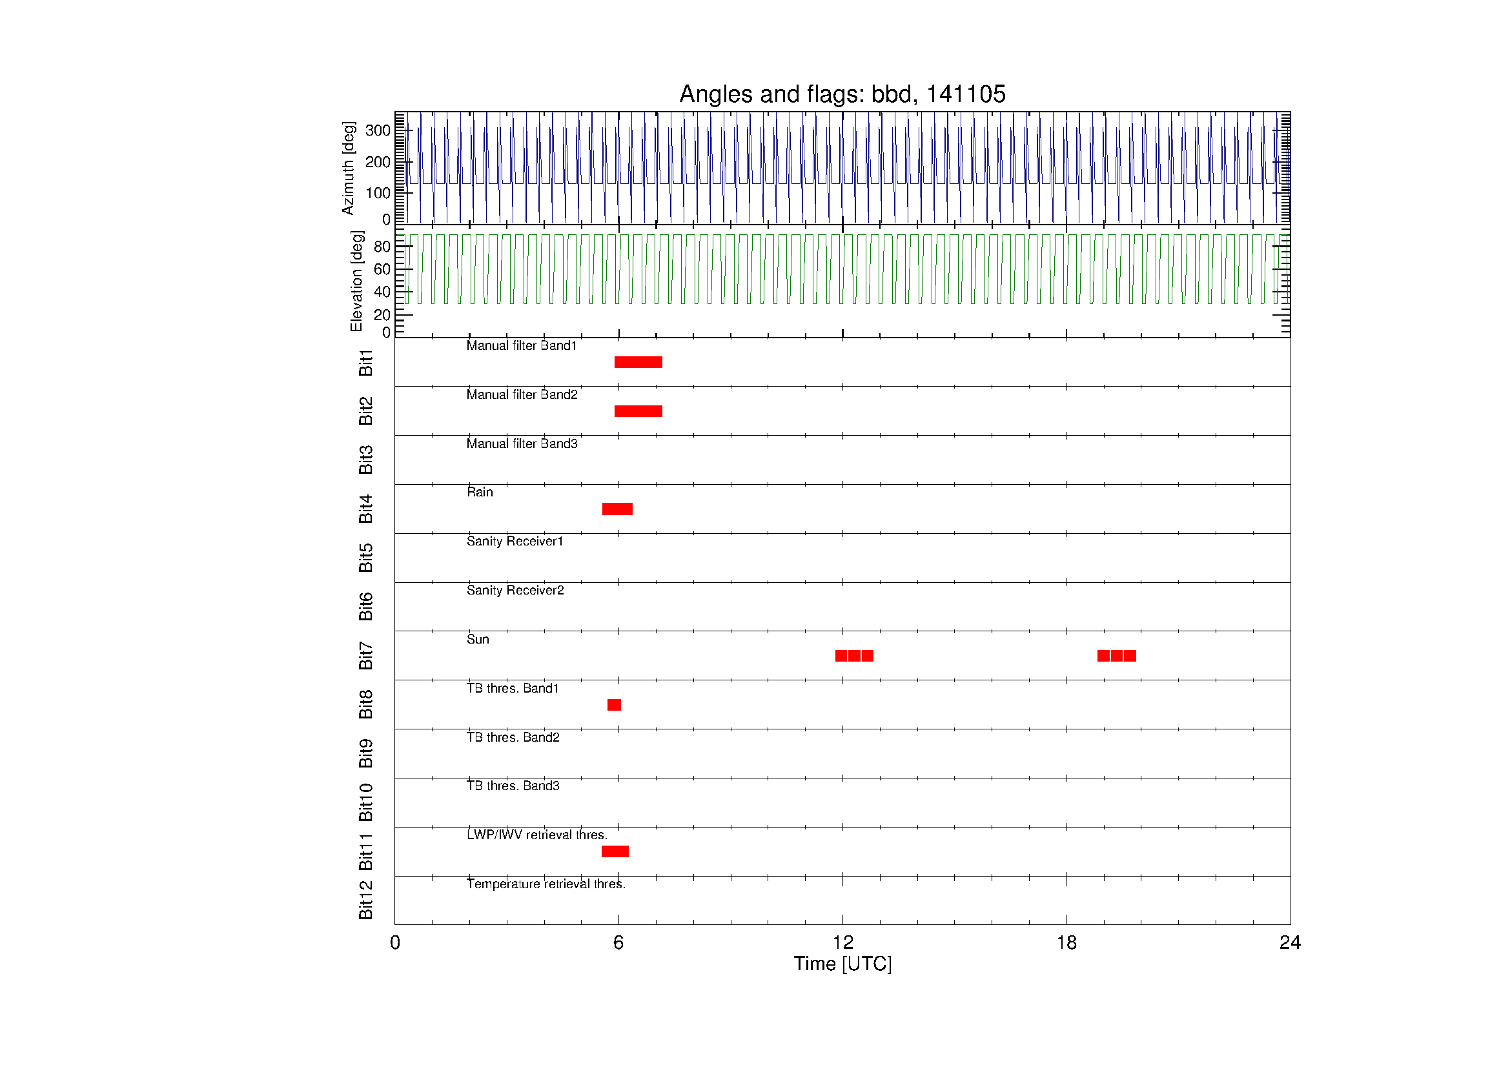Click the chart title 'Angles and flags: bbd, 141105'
point(842,94)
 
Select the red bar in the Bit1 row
point(638,362)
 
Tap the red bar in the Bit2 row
point(638,412)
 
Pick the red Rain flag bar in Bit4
point(617,509)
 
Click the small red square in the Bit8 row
point(613,705)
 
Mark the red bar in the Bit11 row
point(615,851)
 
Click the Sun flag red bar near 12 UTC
point(853,655)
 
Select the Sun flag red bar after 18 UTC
point(1116,655)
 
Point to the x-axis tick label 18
point(1066,943)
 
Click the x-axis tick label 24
point(1290,943)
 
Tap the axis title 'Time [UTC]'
point(842,964)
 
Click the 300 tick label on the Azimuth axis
point(378,130)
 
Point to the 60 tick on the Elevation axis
point(382,269)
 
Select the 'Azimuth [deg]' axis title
point(348,168)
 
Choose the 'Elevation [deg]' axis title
point(356,281)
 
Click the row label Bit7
point(365,655)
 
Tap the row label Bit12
point(365,900)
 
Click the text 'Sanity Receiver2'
point(515,590)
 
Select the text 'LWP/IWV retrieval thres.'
point(536,835)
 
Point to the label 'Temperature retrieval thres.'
point(546,884)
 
